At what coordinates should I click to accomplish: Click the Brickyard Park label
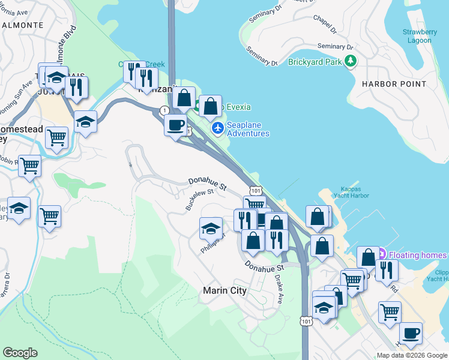pos(315,61)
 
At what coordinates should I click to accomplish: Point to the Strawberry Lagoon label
pos(417,36)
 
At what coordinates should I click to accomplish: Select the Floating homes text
pos(418,255)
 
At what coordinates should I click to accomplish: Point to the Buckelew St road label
pos(200,199)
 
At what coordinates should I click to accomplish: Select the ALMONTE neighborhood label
pos(22,25)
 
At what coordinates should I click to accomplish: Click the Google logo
pos(20,353)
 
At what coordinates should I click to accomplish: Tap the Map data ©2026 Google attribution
pos(412,355)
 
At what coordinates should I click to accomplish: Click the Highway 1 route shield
pos(164,110)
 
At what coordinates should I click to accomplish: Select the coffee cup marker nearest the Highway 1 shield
pos(175,125)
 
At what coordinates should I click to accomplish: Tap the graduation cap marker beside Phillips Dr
pos(211,228)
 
